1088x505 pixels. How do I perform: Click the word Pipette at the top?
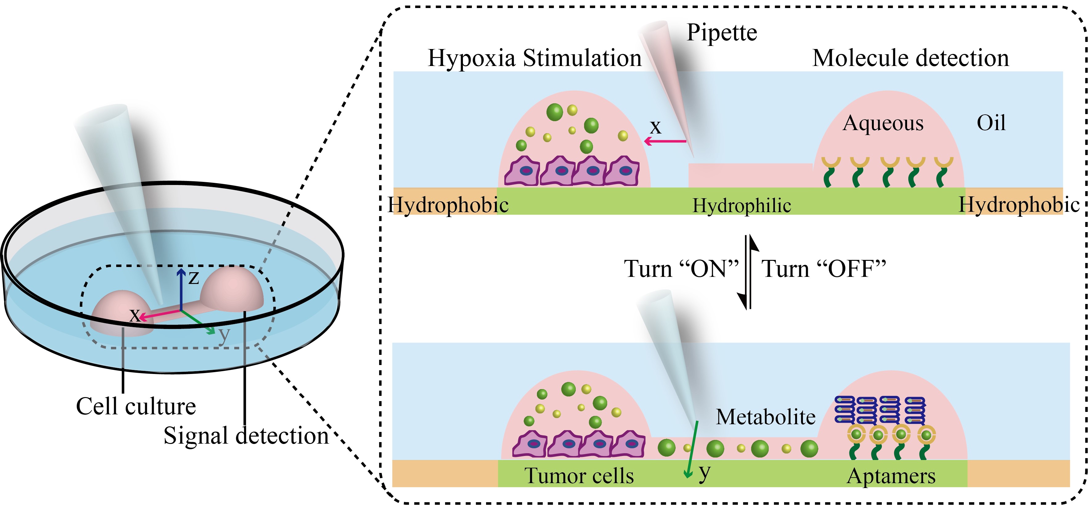point(722,33)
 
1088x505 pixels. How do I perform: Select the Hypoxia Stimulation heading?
point(535,58)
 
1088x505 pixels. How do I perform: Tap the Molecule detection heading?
point(910,58)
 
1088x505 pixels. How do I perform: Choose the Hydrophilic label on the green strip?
point(742,206)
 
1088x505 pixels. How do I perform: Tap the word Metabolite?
point(766,417)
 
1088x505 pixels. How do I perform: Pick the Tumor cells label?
point(579,475)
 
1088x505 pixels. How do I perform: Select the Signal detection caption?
point(246,435)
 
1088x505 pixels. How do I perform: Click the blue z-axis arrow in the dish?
point(181,289)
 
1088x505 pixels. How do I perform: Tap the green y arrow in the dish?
point(198,322)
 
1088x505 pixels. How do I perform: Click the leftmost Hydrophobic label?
point(448,205)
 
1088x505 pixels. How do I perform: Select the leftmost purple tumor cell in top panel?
point(522,171)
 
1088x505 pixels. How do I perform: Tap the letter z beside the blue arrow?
point(194,278)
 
